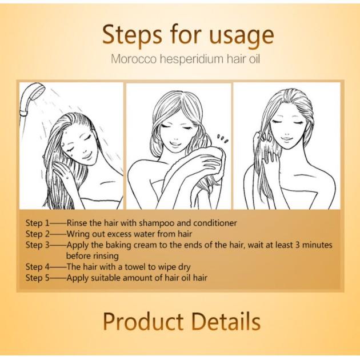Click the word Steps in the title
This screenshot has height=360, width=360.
click(132, 35)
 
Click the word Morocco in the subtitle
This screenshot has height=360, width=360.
click(134, 59)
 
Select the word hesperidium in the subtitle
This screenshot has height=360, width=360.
click(191, 59)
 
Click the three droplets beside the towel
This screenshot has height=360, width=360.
click(223, 139)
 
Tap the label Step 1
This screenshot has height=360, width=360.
click(37, 223)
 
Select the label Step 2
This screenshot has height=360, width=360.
click(37, 234)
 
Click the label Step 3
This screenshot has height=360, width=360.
click(37, 245)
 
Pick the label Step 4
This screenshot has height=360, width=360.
click(37, 267)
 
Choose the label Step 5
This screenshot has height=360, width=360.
click(37, 278)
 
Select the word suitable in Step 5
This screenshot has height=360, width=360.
click(106, 278)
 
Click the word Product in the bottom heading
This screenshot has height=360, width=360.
click(143, 321)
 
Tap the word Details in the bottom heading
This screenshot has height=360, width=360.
click(226, 321)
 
